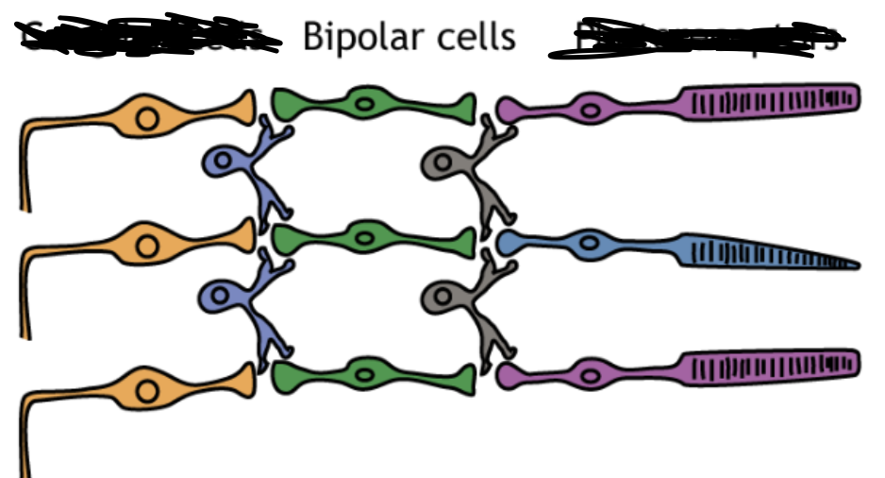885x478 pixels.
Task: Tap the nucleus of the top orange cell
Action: coord(146,118)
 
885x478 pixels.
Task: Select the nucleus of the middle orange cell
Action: coord(146,246)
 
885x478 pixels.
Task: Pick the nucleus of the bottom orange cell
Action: coord(146,388)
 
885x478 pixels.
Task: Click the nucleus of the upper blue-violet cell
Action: coord(222,162)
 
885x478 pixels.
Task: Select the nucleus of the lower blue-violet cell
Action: coord(220,296)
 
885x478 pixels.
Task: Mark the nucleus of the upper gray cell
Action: coord(440,162)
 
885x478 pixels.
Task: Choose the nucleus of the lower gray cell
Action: coord(440,296)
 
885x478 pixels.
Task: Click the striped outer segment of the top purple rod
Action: coord(769,100)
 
